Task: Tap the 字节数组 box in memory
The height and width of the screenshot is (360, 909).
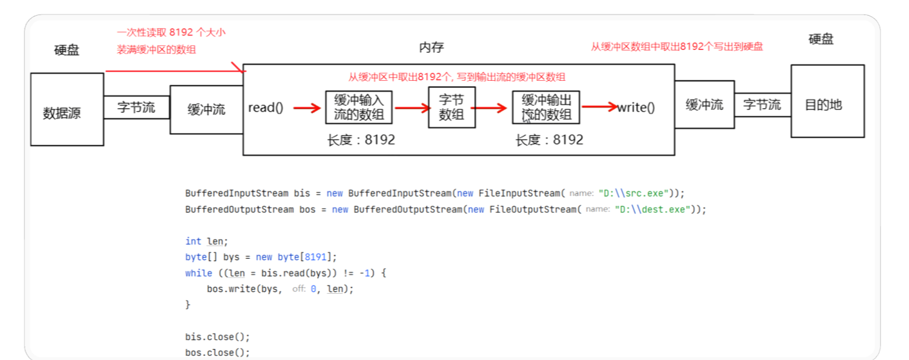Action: pyautogui.click(x=451, y=108)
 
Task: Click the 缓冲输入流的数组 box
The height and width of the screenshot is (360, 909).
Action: pyautogui.click(x=359, y=108)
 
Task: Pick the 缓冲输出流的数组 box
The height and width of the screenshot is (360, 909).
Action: pyautogui.click(x=546, y=108)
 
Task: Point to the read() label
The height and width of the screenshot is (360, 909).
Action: pyautogui.click(x=266, y=108)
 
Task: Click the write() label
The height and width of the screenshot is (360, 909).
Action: pyautogui.click(x=636, y=108)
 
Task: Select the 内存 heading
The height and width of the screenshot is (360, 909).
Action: pyautogui.click(x=432, y=48)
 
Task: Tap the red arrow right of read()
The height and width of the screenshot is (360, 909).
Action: pyautogui.click(x=307, y=108)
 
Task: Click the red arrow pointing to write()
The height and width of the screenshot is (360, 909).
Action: pyautogui.click(x=598, y=106)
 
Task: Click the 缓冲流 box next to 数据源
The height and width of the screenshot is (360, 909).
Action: pyautogui.click(x=206, y=109)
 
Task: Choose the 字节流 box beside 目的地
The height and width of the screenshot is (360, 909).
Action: pyautogui.click(x=762, y=105)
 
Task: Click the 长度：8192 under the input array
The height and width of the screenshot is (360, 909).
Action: pyautogui.click(x=361, y=140)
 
